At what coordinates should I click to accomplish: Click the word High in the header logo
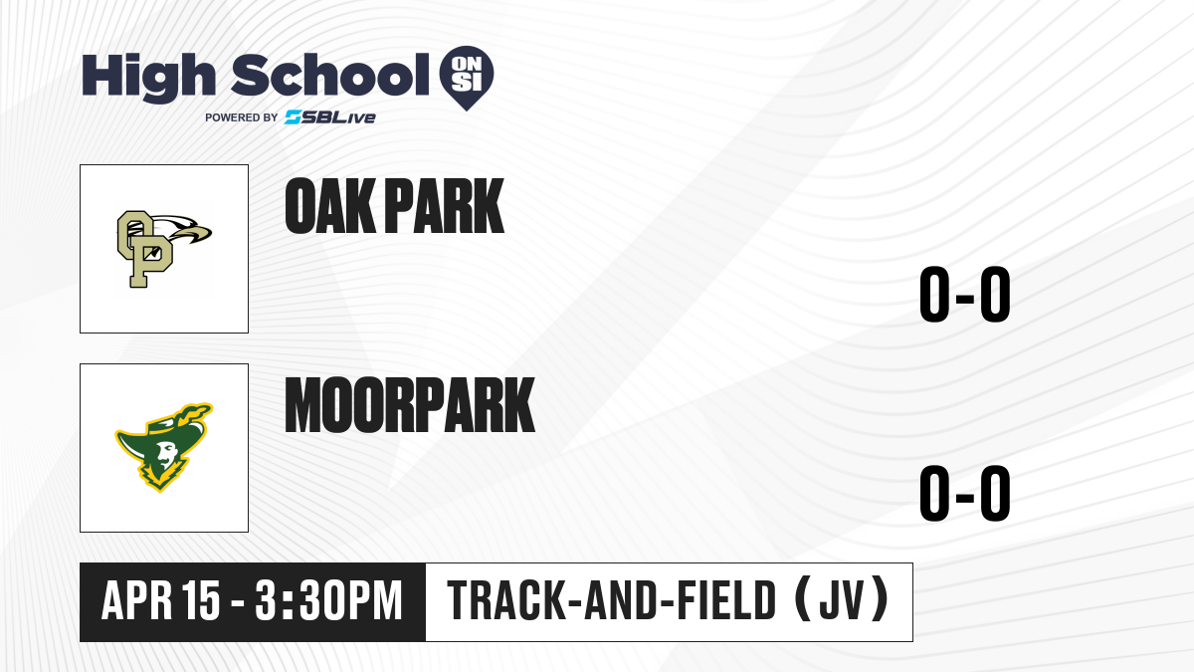[x=148, y=78]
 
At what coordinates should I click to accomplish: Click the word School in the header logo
[x=330, y=76]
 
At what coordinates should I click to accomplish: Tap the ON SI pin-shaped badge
[x=467, y=78]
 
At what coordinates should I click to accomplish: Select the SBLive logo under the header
[x=330, y=117]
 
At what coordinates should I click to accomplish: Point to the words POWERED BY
[x=242, y=117]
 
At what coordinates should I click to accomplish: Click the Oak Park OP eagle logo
[x=164, y=249]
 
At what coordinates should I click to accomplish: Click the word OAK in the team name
[x=330, y=206]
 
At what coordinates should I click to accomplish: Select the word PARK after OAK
[x=444, y=206]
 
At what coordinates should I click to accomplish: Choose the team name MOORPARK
[x=409, y=405]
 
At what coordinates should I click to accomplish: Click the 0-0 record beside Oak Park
[x=965, y=295]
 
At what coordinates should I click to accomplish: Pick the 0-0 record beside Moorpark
[x=965, y=494]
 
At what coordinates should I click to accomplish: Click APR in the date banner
[x=137, y=600]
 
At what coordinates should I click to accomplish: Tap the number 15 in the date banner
[x=201, y=600]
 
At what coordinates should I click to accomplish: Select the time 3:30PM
[x=328, y=600]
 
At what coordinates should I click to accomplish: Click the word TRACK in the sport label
[x=505, y=600]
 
